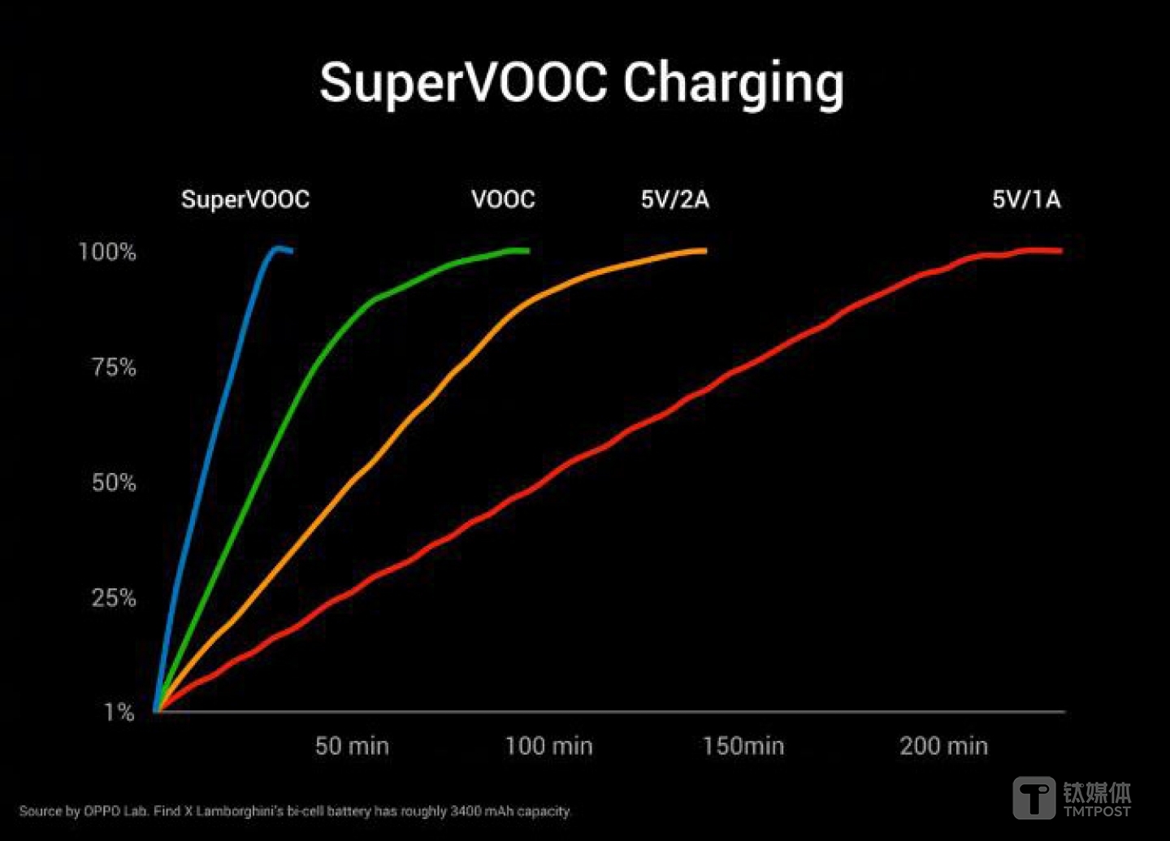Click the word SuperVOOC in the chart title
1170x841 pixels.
[463, 84]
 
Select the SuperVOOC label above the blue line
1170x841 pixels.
[245, 200]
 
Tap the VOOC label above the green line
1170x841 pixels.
[503, 200]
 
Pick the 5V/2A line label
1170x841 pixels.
[674, 200]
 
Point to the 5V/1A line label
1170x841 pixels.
[1026, 200]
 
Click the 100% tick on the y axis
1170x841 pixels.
[107, 252]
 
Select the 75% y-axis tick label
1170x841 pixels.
[114, 367]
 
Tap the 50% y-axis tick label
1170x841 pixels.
[114, 483]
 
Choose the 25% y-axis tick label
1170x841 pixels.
[114, 598]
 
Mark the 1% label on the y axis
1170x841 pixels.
[119, 713]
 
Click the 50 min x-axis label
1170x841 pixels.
[352, 746]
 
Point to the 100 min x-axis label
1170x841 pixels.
[549, 746]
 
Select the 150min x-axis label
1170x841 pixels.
[743, 746]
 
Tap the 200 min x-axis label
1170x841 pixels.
[943, 746]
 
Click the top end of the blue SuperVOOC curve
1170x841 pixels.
[279, 249]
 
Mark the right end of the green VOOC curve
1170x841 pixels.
[526, 250]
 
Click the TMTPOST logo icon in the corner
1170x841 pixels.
[1033, 797]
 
